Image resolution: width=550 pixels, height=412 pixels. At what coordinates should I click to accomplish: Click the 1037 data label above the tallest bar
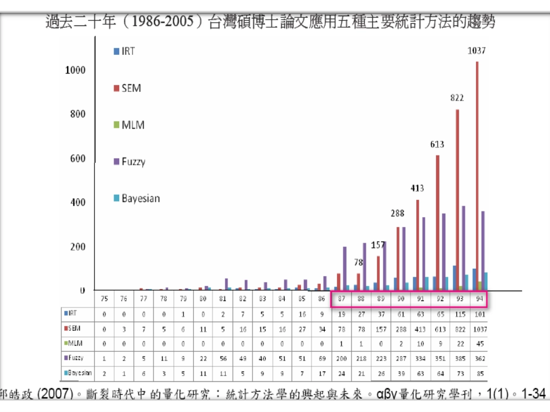(476, 51)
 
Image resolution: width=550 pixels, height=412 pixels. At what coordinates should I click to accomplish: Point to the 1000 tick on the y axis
(75, 70)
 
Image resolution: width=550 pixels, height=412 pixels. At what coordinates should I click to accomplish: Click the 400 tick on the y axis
(78, 202)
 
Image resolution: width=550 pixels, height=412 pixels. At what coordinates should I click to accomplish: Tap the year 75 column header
(104, 299)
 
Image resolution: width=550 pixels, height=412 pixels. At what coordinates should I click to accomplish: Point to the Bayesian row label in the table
(78, 373)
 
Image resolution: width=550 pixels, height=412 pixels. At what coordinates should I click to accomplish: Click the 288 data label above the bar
(397, 213)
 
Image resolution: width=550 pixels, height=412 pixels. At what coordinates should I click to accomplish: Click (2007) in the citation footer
(57, 394)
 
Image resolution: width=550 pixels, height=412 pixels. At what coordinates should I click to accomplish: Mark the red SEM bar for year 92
(437, 222)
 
